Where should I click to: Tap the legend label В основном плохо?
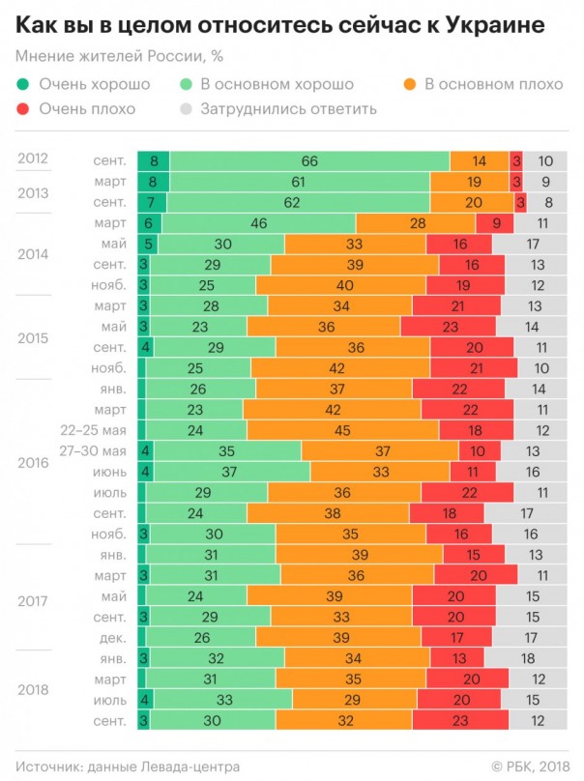[x=493, y=84]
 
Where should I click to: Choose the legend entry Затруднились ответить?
[x=288, y=108]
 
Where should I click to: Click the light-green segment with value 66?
[x=309, y=161]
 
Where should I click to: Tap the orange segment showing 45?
[x=341, y=429]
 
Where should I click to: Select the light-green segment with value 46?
[x=258, y=223]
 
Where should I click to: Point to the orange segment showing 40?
[x=341, y=285]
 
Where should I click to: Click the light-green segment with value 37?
[x=231, y=471]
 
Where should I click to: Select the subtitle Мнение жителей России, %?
[x=113, y=57]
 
